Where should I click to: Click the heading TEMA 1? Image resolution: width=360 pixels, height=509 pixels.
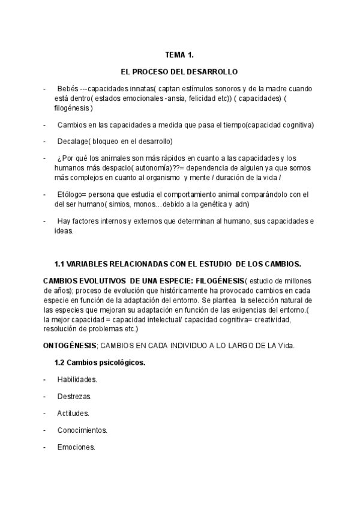pyautogui.click(x=179, y=55)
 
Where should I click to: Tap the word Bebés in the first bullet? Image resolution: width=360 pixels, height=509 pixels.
pyautogui.click(x=68, y=89)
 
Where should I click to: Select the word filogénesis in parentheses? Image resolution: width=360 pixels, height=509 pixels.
pyautogui.click(x=73, y=108)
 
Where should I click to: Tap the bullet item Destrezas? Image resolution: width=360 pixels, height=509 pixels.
pyautogui.click(x=74, y=396)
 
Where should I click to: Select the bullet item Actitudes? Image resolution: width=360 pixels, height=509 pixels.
pyautogui.click(x=73, y=413)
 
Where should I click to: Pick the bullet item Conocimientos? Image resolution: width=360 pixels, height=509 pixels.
pyautogui.click(x=82, y=430)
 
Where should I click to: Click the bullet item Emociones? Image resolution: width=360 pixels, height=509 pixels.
pyautogui.click(x=76, y=447)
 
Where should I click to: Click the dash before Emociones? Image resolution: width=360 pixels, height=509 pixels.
pyautogui.click(x=45, y=447)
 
